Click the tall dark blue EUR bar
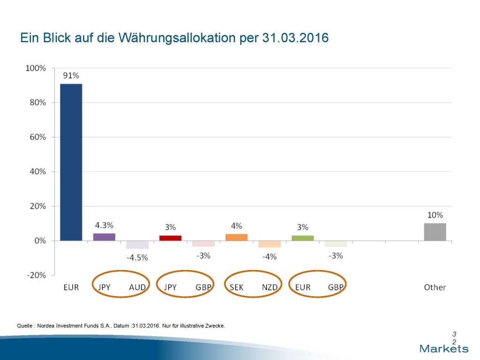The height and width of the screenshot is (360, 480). (71, 162)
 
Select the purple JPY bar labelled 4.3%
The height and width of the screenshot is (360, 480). (104, 237)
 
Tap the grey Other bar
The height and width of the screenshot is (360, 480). (435, 232)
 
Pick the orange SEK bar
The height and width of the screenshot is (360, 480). (236, 237)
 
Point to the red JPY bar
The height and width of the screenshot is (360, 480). (170, 238)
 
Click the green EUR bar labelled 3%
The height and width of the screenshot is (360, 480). (302, 238)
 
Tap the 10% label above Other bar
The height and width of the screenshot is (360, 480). (435, 215)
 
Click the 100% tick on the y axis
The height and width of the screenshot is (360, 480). (36, 68)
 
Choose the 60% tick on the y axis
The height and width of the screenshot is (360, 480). (37, 137)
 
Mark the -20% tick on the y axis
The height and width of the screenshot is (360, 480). (35, 275)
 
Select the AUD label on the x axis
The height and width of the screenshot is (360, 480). (137, 287)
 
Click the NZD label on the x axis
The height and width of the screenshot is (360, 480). (270, 287)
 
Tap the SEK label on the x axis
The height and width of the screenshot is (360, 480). (236, 287)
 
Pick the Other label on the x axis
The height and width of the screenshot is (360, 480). (435, 287)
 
